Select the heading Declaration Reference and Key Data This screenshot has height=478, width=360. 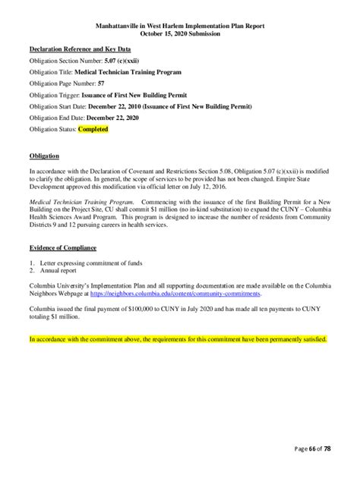[x=80, y=49]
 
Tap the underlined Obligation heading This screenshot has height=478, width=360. [x=43, y=156]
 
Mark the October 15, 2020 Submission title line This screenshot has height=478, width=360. [x=180, y=33]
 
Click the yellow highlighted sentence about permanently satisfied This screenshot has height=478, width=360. [x=178, y=339]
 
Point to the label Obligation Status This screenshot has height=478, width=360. [x=53, y=129]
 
